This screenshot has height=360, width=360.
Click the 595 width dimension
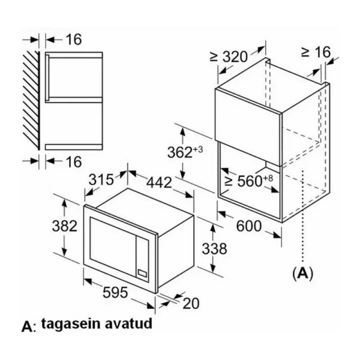115,292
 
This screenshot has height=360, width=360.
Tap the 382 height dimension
65,226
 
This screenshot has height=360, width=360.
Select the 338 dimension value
214,248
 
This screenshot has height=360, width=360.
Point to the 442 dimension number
159,183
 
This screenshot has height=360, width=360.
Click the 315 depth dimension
101,179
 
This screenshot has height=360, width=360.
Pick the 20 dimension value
191,303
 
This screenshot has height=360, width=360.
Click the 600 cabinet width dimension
249,226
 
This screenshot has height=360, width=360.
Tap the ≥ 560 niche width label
249,181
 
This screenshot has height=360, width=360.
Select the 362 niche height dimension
185,152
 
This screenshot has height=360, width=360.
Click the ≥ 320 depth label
229,57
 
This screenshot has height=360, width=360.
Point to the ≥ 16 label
316,52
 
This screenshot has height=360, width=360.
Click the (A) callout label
303,273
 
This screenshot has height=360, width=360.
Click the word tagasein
71,324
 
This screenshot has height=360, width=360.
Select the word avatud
128,323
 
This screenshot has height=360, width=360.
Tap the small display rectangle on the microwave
142,273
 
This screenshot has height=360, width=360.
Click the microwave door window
113,242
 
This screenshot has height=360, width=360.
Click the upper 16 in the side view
74,40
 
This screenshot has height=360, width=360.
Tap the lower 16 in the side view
74,161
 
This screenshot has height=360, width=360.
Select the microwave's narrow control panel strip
142,259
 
